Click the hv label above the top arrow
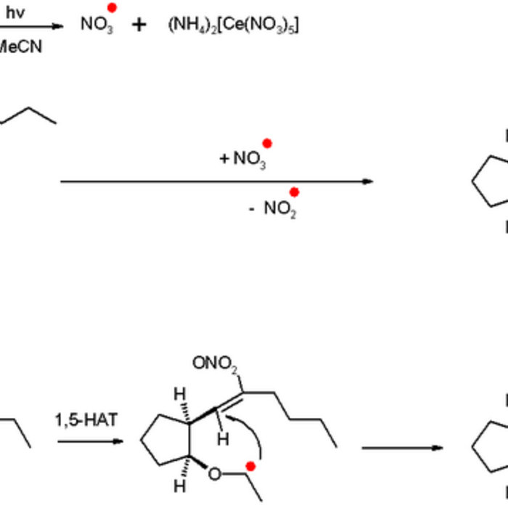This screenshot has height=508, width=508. (x=15, y=12)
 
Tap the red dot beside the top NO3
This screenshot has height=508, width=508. (x=112, y=7)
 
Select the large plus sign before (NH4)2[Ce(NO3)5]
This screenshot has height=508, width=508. (x=139, y=25)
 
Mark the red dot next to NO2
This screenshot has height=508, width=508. (x=294, y=192)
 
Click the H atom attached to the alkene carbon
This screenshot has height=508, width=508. (x=225, y=438)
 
